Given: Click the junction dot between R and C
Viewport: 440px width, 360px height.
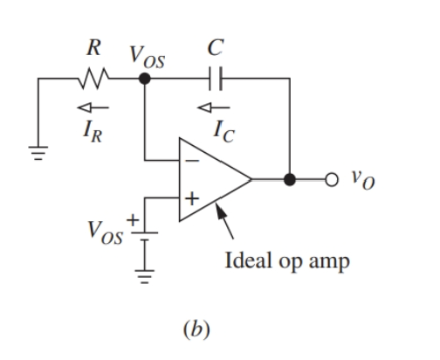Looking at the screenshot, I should [144, 80].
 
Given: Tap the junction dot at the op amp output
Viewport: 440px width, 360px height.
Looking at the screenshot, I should [291, 180].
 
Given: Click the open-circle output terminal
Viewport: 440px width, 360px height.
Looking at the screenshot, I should [330, 180].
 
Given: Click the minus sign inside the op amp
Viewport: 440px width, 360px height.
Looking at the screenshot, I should [192, 163].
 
